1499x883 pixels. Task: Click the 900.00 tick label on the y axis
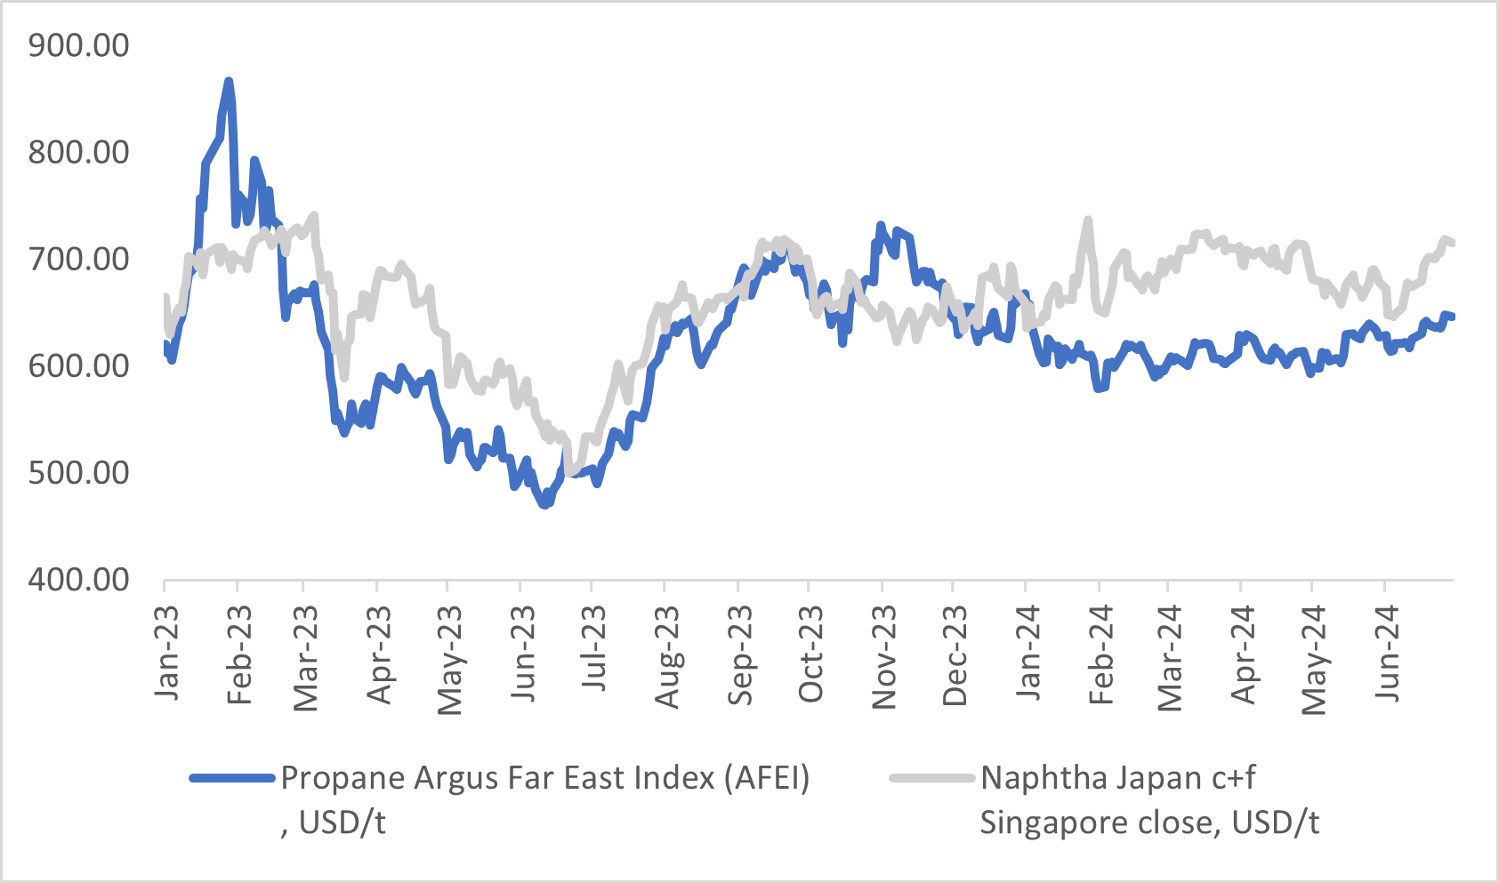(78, 45)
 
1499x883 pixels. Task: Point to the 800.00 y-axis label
(78, 152)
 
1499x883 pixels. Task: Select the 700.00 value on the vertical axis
(78, 259)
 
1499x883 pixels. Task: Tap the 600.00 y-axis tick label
(78, 365)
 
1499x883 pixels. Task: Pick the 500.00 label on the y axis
(78, 472)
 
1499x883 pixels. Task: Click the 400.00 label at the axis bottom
(78, 580)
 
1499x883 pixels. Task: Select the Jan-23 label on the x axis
(166, 653)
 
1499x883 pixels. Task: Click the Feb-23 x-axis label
(239, 654)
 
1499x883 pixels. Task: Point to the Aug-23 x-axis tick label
(667, 656)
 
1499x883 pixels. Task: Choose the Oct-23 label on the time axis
(810, 654)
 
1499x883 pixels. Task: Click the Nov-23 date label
(884, 656)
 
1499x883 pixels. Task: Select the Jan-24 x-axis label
(1028, 653)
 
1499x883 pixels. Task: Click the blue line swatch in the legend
(231, 778)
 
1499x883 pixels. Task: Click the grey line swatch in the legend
(931, 778)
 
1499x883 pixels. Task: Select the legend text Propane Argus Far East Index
(544, 779)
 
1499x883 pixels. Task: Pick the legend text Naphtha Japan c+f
(1117, 778)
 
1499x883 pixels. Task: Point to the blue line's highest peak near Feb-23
(229, 82)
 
